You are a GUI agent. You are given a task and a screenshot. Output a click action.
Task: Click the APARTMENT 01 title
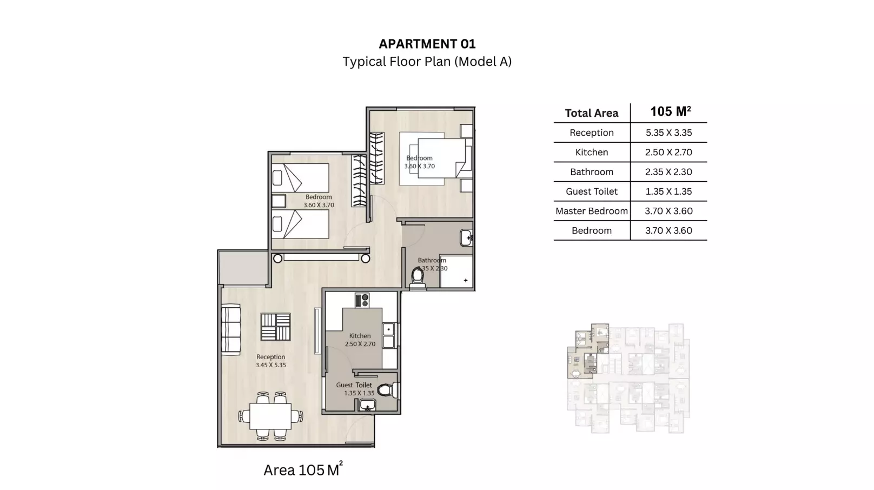pyautogui.click(x=427, y=44)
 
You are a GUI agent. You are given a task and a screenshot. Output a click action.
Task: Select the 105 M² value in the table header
pyautogui.click(x=670, y=112)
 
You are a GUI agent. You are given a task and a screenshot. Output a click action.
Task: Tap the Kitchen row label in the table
pyautogui.click(x=591, y=153)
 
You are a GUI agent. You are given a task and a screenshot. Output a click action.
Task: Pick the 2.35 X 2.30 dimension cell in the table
pyautogui.click(x=668, y=172)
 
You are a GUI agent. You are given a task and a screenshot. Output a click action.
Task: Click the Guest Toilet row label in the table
pyautogui.click(x=591, y=191)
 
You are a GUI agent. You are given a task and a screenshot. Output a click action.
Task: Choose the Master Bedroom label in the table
pyautogui.click(x=591, y=211)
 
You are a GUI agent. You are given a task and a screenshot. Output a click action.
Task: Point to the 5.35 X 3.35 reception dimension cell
pyautogui.click(x=668, y=133)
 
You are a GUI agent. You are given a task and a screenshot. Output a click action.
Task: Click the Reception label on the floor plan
pyautogui.click(x=271, y=361)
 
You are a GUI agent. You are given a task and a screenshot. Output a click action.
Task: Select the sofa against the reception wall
pyautogui.click(x=231, y=330)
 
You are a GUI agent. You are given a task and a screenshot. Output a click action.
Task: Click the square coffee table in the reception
pyautogui.click(x=275, y=327)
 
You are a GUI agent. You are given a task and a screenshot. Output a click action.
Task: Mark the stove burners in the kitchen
pyautogui.click(x=361, y=300)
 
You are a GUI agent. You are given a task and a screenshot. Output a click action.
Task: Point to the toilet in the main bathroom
pyautogui.click(x=417, y=276)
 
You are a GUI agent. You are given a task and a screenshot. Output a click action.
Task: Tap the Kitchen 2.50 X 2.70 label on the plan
pyautogui.click(x=360, y=340)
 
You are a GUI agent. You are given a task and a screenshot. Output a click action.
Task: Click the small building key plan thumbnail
pyautogui.click(x=627, y=379)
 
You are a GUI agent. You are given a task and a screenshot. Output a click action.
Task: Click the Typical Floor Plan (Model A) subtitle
pyautogui.click(x=427, y=62)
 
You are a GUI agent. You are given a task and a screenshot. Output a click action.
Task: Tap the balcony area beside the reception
pyautogui.click(x=243, y=268)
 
